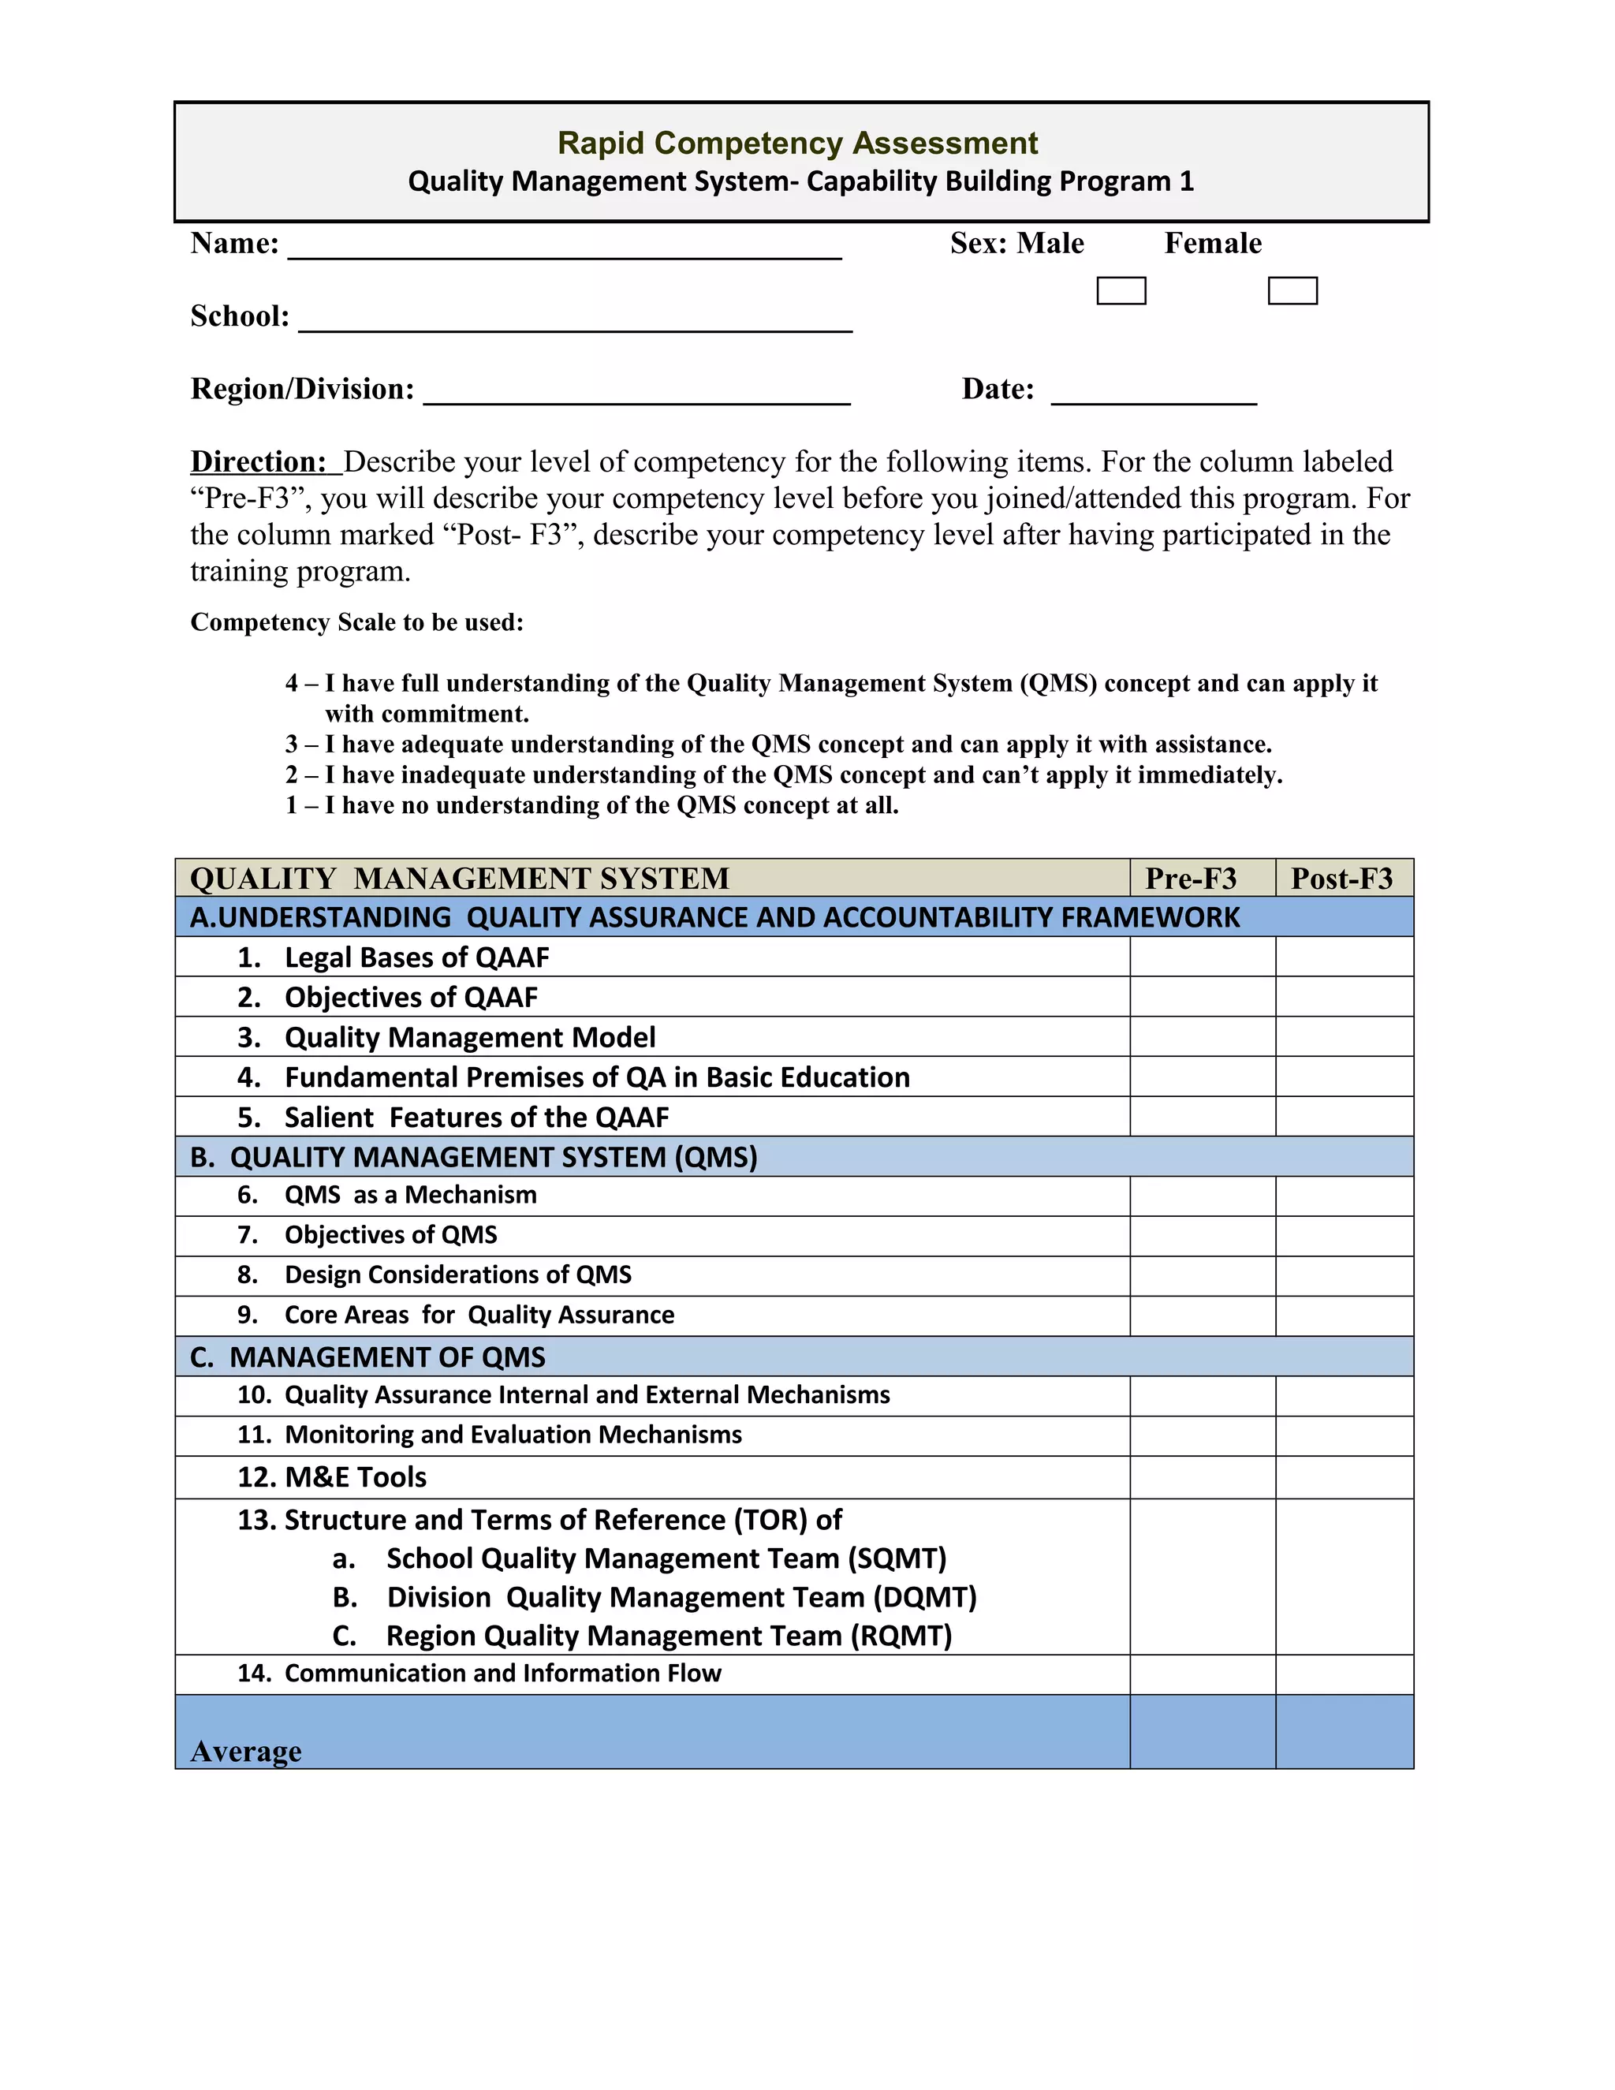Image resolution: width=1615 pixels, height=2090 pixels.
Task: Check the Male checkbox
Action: (1121, 291)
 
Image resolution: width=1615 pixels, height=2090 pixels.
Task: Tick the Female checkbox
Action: (1292, 291)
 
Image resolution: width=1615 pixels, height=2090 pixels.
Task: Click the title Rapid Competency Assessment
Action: (797, 144)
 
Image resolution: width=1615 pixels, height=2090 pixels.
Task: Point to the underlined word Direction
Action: (259, 462)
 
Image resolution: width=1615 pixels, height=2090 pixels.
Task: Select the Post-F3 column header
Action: (1341, 879)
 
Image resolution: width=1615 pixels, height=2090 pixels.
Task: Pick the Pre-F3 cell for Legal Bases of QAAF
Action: (1202, 957)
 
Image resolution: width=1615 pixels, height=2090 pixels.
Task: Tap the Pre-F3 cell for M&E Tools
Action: (1202, 1477)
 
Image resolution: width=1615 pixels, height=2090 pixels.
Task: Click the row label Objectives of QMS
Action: (390, 1235)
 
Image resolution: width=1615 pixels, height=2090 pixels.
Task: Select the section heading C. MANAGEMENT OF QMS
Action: (368, 1357)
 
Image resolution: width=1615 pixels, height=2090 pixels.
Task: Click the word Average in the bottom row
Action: (246, 1751)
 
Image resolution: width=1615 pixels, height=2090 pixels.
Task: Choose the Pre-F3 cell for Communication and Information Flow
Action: (1202, 1674)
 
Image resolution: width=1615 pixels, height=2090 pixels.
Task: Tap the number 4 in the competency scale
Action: (292, 683)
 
